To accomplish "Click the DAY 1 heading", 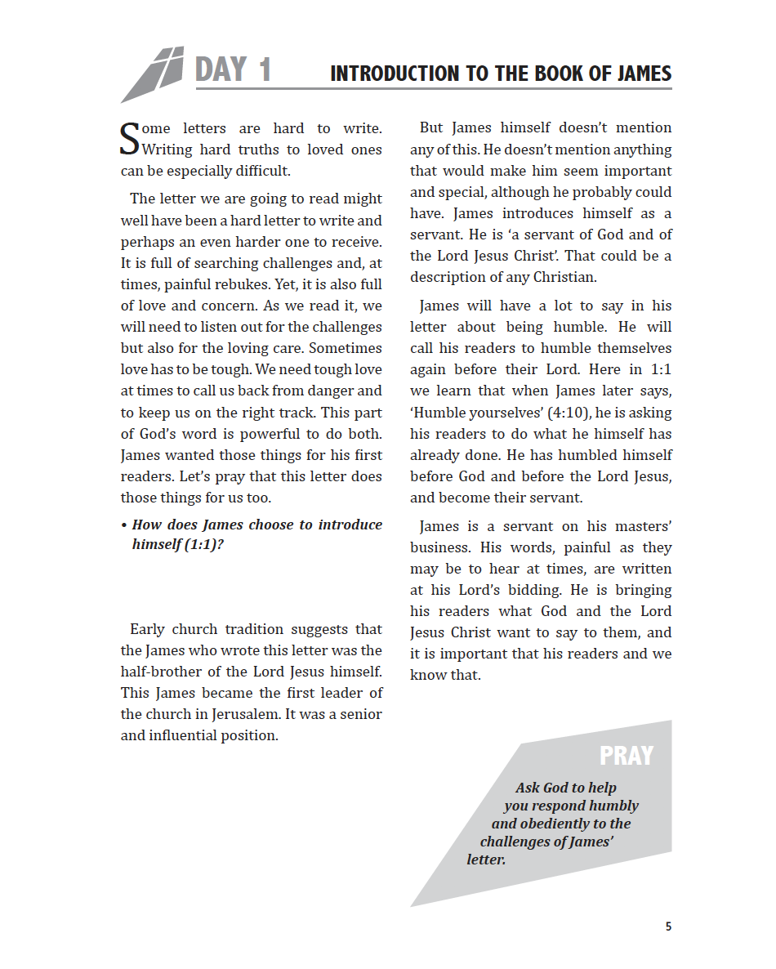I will tap(233, 70).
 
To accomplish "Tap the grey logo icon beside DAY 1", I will tap(153, 74).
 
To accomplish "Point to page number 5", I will tap(668, 927).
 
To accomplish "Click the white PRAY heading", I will tap(627, 756).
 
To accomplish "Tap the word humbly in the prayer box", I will tap(610, 806).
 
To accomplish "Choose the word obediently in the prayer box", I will tap(563, 824).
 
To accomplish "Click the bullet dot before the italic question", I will tap(123, 525).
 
